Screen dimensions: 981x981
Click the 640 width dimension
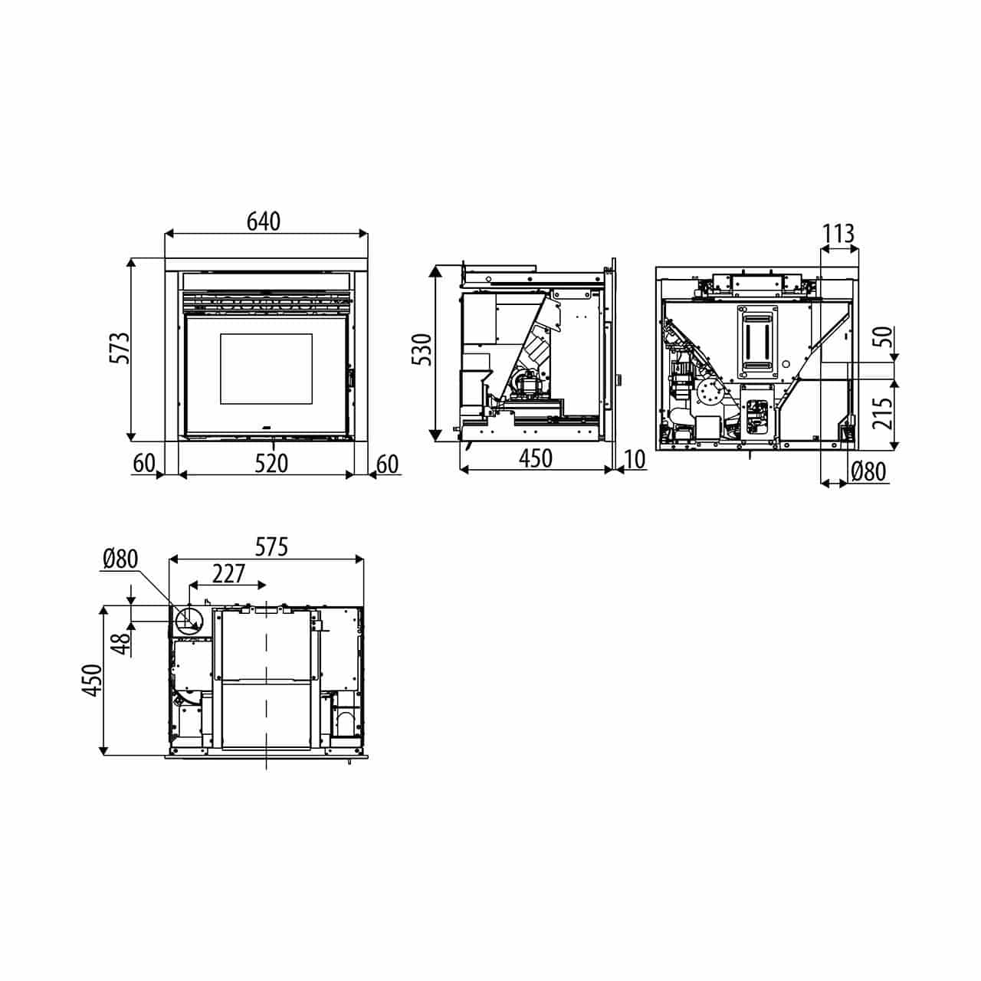click(263, 221)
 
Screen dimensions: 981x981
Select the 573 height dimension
click(120, 348)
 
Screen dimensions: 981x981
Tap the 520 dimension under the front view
click(271, 464)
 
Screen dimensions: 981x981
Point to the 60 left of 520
click(143, 463)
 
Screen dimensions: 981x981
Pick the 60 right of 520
click(387, 464)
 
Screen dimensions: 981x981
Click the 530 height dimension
click(422, 349)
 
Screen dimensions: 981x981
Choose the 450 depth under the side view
click(536, 458)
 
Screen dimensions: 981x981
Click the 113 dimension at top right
click(838, 235)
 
